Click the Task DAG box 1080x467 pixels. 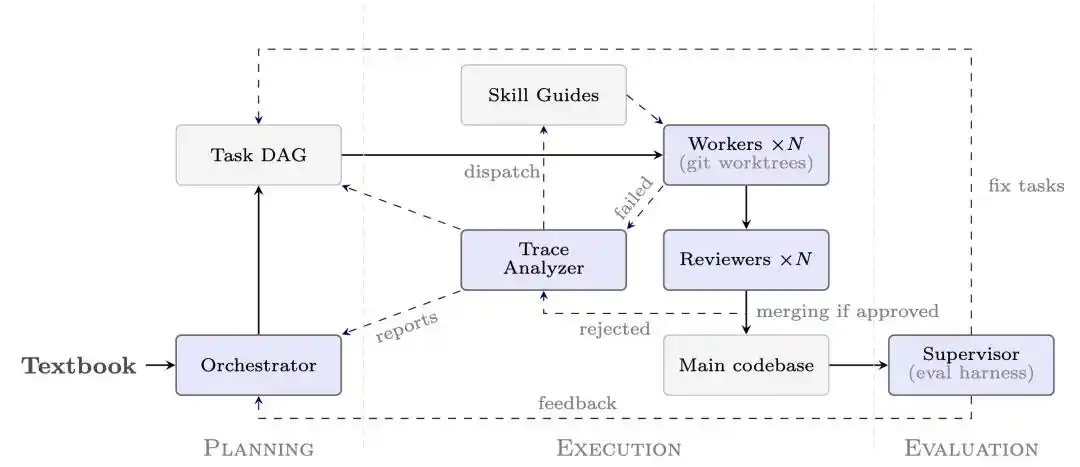pyautogui.click(x=259, y=155)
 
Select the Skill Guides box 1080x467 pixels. pyautogui.click(x=543, y=95)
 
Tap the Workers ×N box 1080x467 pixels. pyautogui.click(x=746, y=155)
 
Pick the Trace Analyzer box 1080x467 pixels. pyautogui.click(x=543, y=260)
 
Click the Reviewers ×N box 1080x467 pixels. pyautogui.click(x=746, y=260)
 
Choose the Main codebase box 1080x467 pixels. pyautogui.click(x=746, y=365)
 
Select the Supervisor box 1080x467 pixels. pyautogui.click(x=971, y=365)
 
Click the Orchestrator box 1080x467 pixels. pyautogui.click(x=259, y=365)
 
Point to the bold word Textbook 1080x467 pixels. pyautogui.click(x=79, y=366)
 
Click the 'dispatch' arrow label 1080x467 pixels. pyautogui.click(x=501, y=172)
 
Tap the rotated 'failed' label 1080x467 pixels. pyautogui.click(x=633, y=198)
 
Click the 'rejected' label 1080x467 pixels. pyautogui.click(x=614, y=329)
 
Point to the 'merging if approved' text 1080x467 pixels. pyautogui.click(x=847, y=311)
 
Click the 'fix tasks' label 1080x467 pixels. pyautogui.click(x=1026, y=185)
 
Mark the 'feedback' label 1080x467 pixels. pyautogui.click(x=577, y=403)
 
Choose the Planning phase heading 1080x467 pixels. pyautogui.click(x=259, y=448)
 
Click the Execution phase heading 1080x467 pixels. pyautogui.click(x=619, y=448)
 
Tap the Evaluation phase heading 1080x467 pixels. pyautogui.click(x=971, y=448)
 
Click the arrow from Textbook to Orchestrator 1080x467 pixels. pyautogui.click(x=161, y=365)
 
